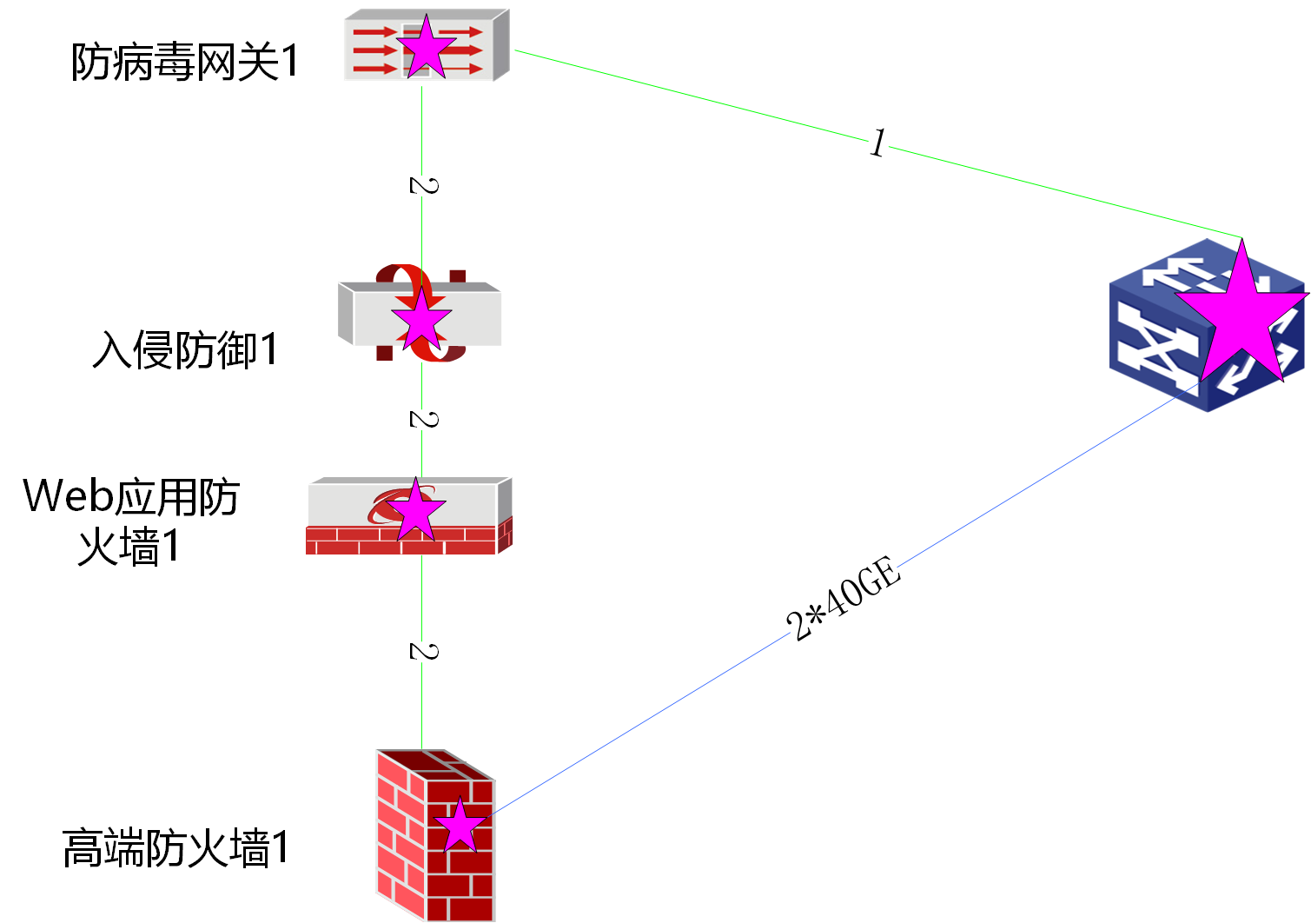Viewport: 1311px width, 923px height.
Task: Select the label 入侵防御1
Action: [x=185, y=350]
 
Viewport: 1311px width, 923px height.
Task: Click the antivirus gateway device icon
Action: [x=469, y=45]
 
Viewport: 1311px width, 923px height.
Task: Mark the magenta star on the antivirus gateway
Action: [x=426, y=48]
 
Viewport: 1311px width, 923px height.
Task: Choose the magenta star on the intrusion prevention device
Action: [x=421, y=319]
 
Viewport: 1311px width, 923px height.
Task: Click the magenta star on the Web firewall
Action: [x=415, y=510]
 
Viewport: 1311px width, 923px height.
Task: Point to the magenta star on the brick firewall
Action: [x=459, y=825]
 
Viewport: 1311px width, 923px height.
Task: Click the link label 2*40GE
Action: [x=841, y=600]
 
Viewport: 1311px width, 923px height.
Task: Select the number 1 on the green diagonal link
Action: [x=878, y=143]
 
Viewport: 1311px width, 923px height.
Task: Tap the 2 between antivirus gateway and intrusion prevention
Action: [x=423, y=185]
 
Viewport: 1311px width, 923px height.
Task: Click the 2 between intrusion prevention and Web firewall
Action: [x=423, y=419]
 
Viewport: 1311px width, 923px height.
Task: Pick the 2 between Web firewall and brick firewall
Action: [x=423, y=651]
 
